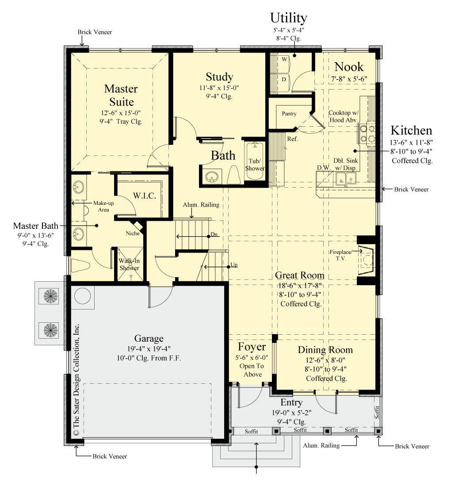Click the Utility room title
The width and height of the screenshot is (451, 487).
288,18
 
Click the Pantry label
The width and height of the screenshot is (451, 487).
289,113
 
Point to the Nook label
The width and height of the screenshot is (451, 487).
348,67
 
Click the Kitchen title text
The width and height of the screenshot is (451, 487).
411,131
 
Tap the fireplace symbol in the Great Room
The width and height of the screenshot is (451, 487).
367,261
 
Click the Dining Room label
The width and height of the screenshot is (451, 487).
325,350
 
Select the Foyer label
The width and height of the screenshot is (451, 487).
252,347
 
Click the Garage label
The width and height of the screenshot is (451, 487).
149,339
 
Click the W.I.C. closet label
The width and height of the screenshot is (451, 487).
144,196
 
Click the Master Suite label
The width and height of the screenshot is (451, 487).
121,95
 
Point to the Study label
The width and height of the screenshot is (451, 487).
219,77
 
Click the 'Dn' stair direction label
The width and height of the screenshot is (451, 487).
214,235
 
